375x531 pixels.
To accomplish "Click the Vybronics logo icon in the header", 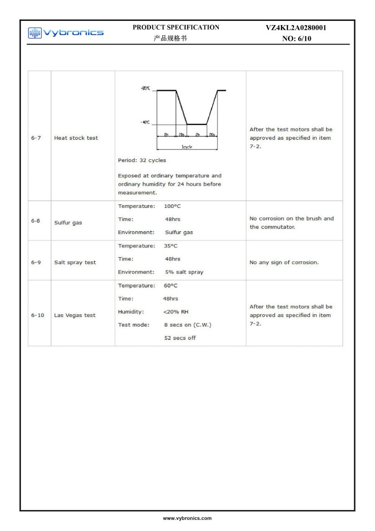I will click(x=34, y=32).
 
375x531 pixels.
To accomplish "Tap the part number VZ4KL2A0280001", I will click(x=296, y=28).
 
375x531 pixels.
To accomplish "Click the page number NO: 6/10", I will click(x=297, y=39).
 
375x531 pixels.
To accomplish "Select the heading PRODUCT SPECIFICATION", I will click(x=176, y=27).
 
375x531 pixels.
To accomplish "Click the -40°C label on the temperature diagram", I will click(x=145, y=123).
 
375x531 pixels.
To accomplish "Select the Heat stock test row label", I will click(x=76, y=138).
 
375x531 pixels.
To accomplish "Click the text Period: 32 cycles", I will click(x=142, y=161).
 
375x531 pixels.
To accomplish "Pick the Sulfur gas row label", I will click(x=68, y=223).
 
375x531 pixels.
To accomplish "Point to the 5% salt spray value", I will click(x=184, y=272).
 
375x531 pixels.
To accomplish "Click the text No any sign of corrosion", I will click(x=284, y=262).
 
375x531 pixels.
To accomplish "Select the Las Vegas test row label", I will click(x=75, y=315).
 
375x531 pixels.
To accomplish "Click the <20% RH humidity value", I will click(x=176, y=311).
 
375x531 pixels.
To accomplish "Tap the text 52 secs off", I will click(x=180, y=338).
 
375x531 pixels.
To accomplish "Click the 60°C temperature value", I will click(x=171, y=285).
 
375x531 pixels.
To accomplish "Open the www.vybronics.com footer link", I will click(x=187, y=518).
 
